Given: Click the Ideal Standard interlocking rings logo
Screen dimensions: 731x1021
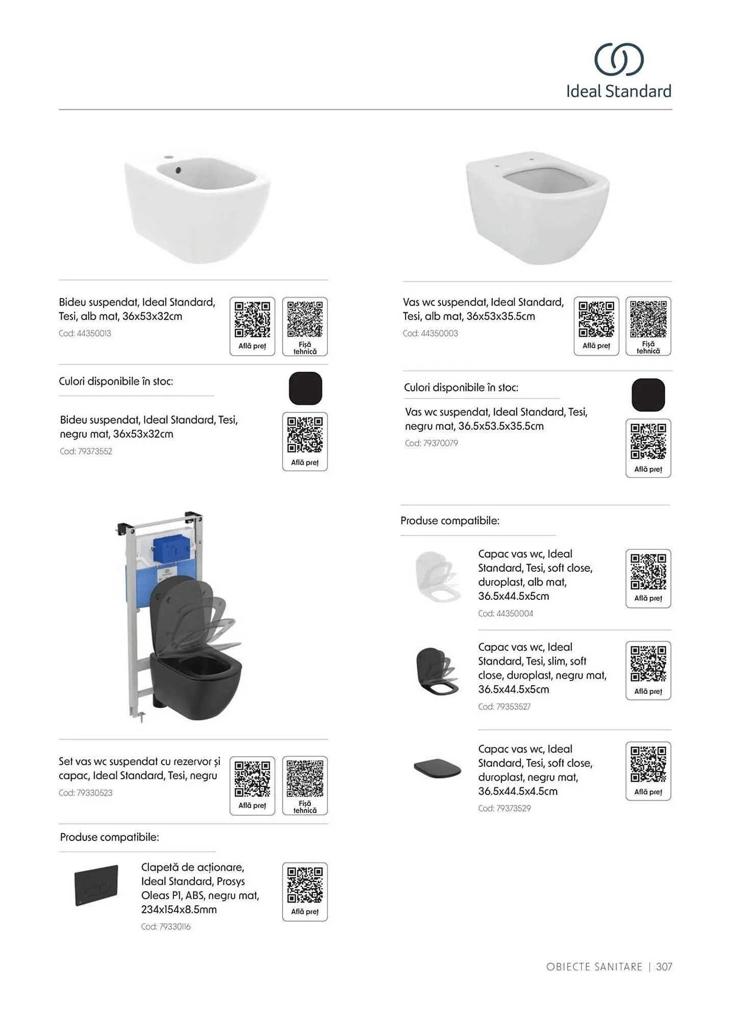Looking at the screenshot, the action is pyautogui.click(x=618, y=59).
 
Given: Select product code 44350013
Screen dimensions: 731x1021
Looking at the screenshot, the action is pyautogui.click(x=85, y=333).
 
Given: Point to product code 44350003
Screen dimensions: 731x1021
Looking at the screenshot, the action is pyautogui.click(x=430, y=333).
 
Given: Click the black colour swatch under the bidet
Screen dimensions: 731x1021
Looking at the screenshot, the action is pyautogui.click(x=305, y=388).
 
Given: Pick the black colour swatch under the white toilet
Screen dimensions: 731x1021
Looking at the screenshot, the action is pyautogui.click(x=648, y=395).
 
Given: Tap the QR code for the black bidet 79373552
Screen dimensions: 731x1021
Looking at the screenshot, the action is pyautogui.click(x=305, y=435).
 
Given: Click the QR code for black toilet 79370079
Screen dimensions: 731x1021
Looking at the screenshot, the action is pyautogui.click(x=648, y=442).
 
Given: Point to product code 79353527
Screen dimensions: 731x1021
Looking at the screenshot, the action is pyautogui.click(x=504, y=707).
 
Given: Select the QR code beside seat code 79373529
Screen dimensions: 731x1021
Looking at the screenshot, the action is pyautogui.click(x=648, y=764).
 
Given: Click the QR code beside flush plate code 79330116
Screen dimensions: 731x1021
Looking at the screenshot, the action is pyautogui.click(x=305, y=885).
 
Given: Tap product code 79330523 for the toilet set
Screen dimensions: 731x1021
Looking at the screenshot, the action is pyautogui.click(x=85, y=793).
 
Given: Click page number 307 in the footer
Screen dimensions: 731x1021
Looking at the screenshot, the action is pyautogui.click(x=664, y=966).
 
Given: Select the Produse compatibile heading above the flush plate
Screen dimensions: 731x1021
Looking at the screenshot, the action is pyautogui.click(x=110, y=837).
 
